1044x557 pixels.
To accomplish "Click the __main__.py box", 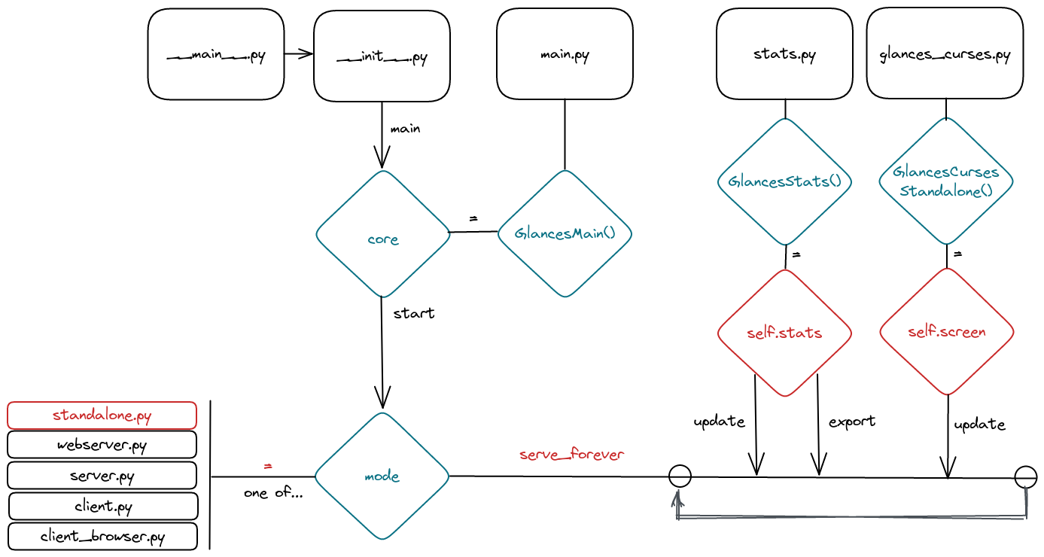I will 216,54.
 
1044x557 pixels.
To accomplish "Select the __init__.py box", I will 382,56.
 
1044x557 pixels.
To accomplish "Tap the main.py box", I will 565,54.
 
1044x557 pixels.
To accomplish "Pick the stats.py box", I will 784,54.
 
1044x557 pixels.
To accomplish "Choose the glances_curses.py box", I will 945,54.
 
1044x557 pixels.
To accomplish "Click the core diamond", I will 382,234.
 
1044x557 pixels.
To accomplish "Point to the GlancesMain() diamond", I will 565,233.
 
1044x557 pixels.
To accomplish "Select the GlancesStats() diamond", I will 784,181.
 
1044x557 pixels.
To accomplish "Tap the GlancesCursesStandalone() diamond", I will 946,181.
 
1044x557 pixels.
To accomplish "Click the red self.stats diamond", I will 784,332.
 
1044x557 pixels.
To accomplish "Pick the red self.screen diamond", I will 946,331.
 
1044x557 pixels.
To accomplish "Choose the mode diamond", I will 382,476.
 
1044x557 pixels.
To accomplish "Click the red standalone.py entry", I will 102,415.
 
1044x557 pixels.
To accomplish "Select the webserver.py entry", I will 102,445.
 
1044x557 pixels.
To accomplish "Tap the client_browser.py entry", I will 102,537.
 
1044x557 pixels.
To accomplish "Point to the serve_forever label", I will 572,455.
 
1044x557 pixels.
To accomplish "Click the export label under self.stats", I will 852,422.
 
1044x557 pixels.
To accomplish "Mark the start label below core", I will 414,313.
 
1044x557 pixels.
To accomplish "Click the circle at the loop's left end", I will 680,476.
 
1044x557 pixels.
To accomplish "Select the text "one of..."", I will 273,494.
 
